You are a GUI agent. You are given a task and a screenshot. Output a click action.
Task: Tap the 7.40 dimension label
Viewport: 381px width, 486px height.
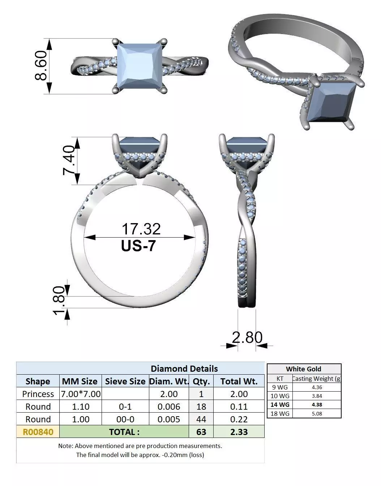tap(69, 160)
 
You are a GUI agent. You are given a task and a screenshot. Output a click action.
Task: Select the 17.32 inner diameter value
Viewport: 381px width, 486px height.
tap(141, 229)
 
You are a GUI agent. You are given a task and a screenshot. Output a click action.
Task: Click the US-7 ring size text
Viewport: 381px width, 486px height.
tap(139, 246)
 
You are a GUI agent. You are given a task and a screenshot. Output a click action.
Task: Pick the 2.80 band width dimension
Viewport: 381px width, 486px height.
tap(247, 337)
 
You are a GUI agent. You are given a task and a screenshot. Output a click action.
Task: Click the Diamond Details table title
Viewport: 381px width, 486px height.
tap(184, 368)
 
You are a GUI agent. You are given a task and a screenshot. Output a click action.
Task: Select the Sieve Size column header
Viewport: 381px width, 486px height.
tap(125, 381)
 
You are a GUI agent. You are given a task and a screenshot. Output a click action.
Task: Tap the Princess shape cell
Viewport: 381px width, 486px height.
tap(38, 394)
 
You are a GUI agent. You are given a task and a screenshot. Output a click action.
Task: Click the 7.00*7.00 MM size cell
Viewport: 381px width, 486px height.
tap(81, 394)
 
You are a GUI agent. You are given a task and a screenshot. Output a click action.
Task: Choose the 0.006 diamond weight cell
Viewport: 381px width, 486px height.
tap(168, 406)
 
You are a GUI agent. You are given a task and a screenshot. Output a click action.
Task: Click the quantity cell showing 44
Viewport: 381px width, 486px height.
tap(201, 419)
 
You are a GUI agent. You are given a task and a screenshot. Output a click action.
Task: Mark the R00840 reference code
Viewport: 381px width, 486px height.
tap(38, 432)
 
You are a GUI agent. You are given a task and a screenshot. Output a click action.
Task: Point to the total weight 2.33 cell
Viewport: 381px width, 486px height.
tap(239, 432)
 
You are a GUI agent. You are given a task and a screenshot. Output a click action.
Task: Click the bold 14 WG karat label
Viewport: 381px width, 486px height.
tap(280, 405)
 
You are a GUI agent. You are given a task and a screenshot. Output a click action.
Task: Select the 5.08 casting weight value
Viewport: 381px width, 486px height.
tap(317, 413)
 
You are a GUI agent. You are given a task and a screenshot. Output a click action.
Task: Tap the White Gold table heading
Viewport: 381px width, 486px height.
tap(303, 369)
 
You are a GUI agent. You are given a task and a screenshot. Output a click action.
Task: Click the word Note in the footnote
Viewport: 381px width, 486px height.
tap(66, 446)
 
